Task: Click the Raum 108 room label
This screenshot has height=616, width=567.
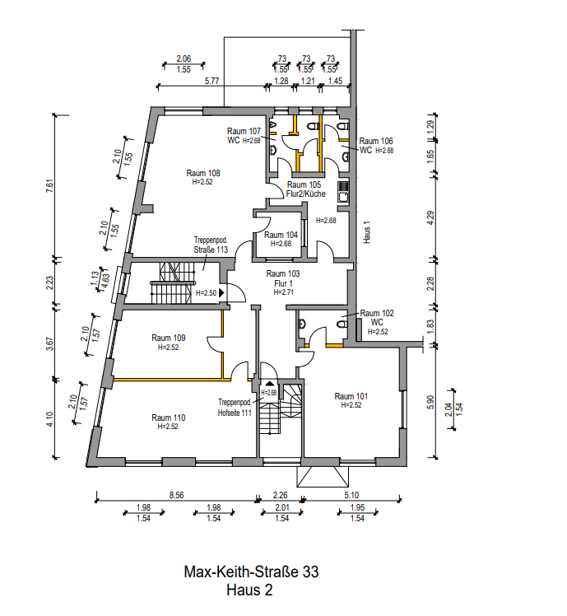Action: click(x=203, y=173)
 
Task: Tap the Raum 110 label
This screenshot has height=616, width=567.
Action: click(x=168, y=418)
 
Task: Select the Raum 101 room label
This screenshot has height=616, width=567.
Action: click(x=351, y=396)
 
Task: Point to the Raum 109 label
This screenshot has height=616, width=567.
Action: click(x=168, y=338)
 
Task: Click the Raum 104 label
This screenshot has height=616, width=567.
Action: click(x=281, y=235)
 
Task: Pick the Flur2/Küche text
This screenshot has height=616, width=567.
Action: click(x=306, y=194)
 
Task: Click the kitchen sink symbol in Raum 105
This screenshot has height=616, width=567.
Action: click(x=343, y=192)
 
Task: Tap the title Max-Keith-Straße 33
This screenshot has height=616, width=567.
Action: click(x=251, y=572)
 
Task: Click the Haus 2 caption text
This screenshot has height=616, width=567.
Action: click(x=249, y=590)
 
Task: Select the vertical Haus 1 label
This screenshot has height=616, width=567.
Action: click(x=367, y=232)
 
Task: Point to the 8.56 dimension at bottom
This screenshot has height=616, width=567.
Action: click(x=176, y=495)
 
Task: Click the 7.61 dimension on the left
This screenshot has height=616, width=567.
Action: click(x=49, y=186)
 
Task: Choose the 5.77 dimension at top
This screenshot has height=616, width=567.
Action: click(x=211, y=81)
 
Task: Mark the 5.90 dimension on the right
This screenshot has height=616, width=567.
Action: click(x=430, y=402)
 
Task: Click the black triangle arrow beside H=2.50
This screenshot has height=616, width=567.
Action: click(x=221, y=292)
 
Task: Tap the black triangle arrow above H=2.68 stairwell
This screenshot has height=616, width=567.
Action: click(x=269, y=383)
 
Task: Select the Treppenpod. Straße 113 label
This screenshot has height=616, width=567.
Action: click(x=211, y=245)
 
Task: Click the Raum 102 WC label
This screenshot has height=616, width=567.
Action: click(x=377, y=318)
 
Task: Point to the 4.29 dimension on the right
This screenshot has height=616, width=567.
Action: click(x=430, y=218)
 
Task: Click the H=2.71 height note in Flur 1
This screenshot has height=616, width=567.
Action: click(x=283, y=292)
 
